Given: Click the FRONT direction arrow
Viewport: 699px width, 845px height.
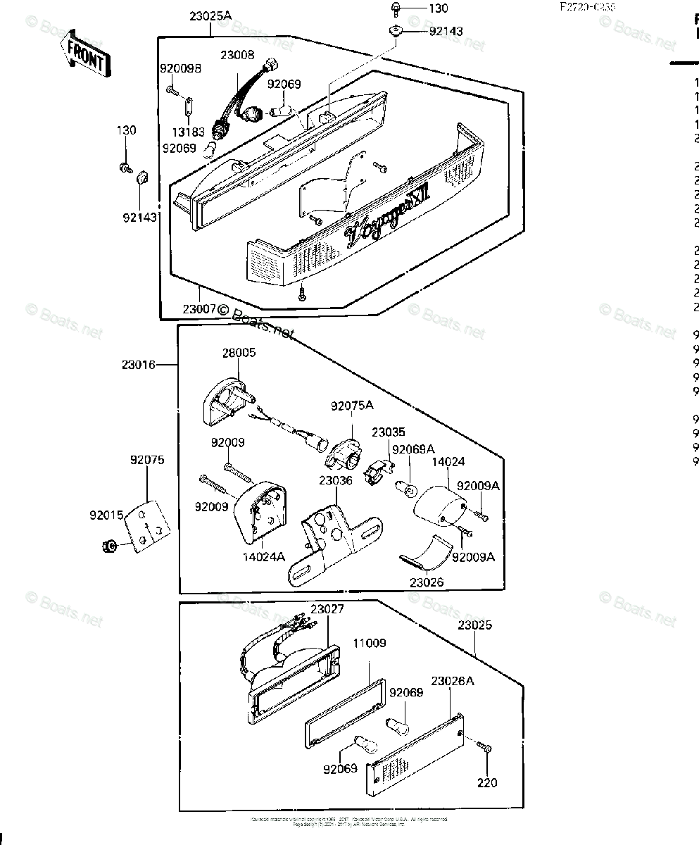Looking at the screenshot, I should tap(84, 54).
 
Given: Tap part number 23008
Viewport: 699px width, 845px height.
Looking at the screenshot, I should tap(237, 54).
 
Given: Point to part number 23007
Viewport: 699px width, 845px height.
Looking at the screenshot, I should tap(199, 308).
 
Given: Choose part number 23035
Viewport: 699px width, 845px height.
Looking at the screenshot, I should tap(389, 432).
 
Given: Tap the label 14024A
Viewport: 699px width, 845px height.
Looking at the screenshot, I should tap(265, 556).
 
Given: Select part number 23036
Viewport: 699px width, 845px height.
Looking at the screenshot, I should tap(335, 481).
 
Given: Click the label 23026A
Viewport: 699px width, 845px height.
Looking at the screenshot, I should tap(452, 681).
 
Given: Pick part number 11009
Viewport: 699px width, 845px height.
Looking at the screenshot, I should tap(370, 643).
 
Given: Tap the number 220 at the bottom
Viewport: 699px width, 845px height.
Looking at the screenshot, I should tap(487, 782).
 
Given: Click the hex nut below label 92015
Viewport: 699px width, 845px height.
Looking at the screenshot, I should tap(109, 546).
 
